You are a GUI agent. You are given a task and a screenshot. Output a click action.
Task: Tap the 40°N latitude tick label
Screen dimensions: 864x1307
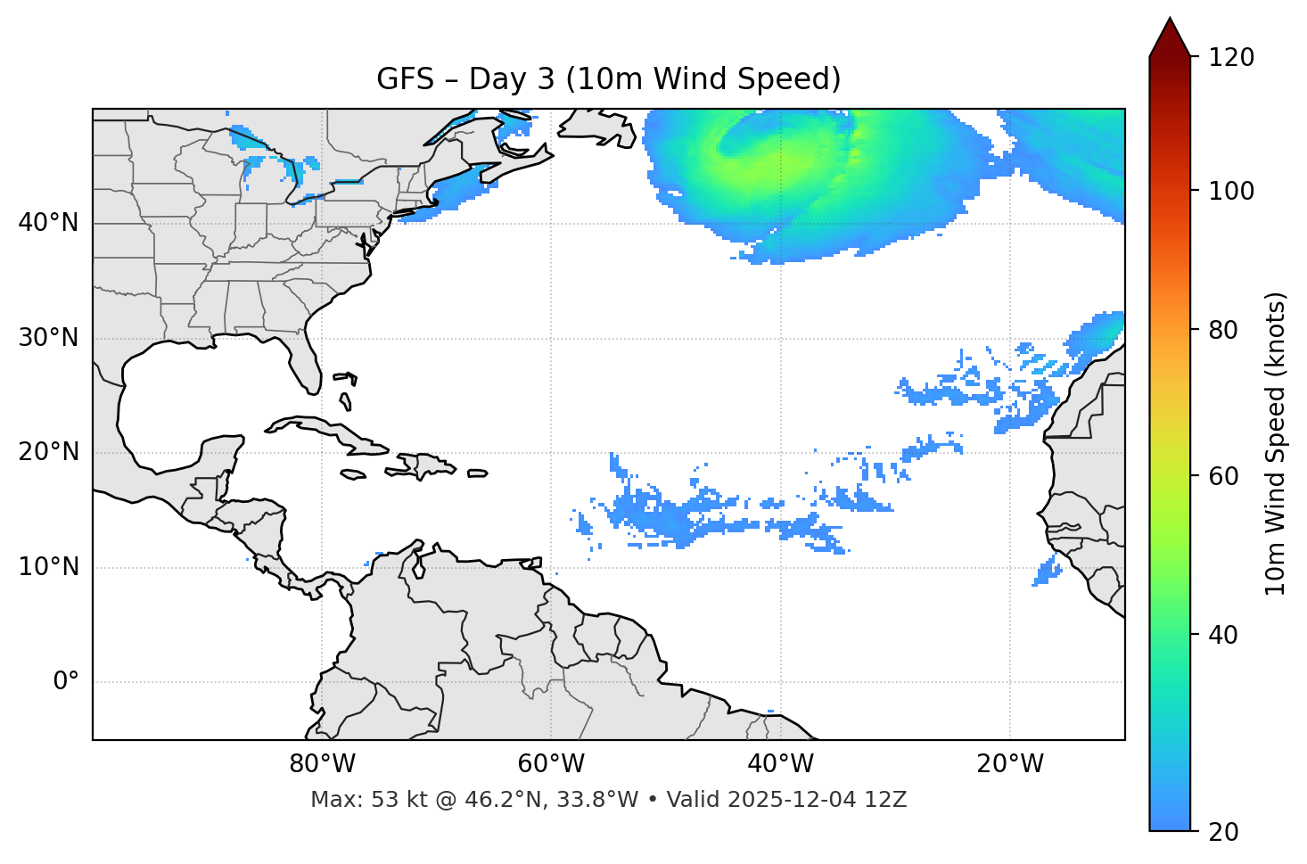(x=48, y=222)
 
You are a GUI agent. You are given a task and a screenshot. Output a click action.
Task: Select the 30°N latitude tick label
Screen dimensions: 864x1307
(x=48, y=338)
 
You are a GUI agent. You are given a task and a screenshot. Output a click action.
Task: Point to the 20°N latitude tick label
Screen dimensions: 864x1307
(x=48, y=452)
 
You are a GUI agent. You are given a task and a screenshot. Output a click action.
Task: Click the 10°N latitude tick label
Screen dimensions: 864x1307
(x=48, y=567)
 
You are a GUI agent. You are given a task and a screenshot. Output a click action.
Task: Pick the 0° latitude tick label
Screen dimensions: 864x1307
(x=66, y=682)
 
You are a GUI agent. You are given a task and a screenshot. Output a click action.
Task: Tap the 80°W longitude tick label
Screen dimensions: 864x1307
(x=322, y=764)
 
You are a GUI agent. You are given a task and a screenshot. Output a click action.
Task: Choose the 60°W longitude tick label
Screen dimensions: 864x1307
(x=551, y=764)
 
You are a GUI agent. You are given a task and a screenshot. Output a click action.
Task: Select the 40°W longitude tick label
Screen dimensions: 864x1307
(x=780, y=764)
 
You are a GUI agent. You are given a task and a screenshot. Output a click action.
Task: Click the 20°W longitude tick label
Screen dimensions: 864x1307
(x=1009, y=764)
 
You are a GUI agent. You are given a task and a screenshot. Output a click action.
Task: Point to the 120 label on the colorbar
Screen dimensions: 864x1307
(x=1231, y=57)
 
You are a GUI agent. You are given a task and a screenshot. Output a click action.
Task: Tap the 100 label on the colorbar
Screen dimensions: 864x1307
(x=1231, y=191)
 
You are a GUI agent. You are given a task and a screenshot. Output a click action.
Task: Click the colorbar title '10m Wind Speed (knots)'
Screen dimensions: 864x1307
(x=1276, y=443)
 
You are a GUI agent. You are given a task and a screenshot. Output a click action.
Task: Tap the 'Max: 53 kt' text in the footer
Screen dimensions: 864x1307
(x=350, y=800)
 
